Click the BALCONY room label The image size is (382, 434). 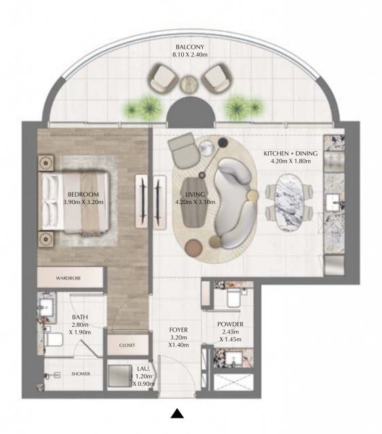(x=190, y=47)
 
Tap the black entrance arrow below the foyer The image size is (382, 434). (x=177, y=413)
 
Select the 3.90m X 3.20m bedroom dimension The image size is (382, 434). (x=83, y=202)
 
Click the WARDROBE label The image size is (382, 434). (x=69, y=278)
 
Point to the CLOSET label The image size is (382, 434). (x=127, y=345)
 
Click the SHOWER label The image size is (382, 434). (x=81, y=374)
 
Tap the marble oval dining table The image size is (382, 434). (x=289, y=203)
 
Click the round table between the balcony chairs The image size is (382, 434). (x=189, y=83)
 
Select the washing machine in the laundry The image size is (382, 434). (x=119, y=376)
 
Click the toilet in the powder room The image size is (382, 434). (x=233, y=298)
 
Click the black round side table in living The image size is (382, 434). (x=223, y=142)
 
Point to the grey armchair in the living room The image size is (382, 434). (x=183, y=149)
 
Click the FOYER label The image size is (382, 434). (x=178, y=330)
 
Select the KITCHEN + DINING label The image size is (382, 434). (x=290, y=153)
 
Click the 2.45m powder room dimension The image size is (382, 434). (x=231, y=332)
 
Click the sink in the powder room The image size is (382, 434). (x=233, y=359)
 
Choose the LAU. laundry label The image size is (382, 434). (x=143, y=369)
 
